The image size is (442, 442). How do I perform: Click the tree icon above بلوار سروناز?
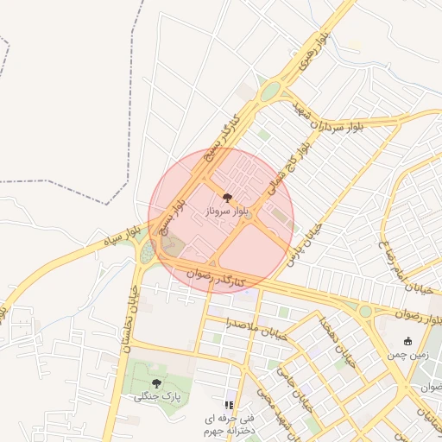point(227,198)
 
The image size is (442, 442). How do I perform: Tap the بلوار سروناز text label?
point(228,211)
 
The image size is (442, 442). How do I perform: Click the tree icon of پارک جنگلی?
point(156,382)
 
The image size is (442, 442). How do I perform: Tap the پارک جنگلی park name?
point(156,396)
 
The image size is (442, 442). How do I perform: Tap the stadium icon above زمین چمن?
point(407,341)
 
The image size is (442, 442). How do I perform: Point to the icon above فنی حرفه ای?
point(229,404)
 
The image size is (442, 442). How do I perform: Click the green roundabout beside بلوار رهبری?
point(271,91)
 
